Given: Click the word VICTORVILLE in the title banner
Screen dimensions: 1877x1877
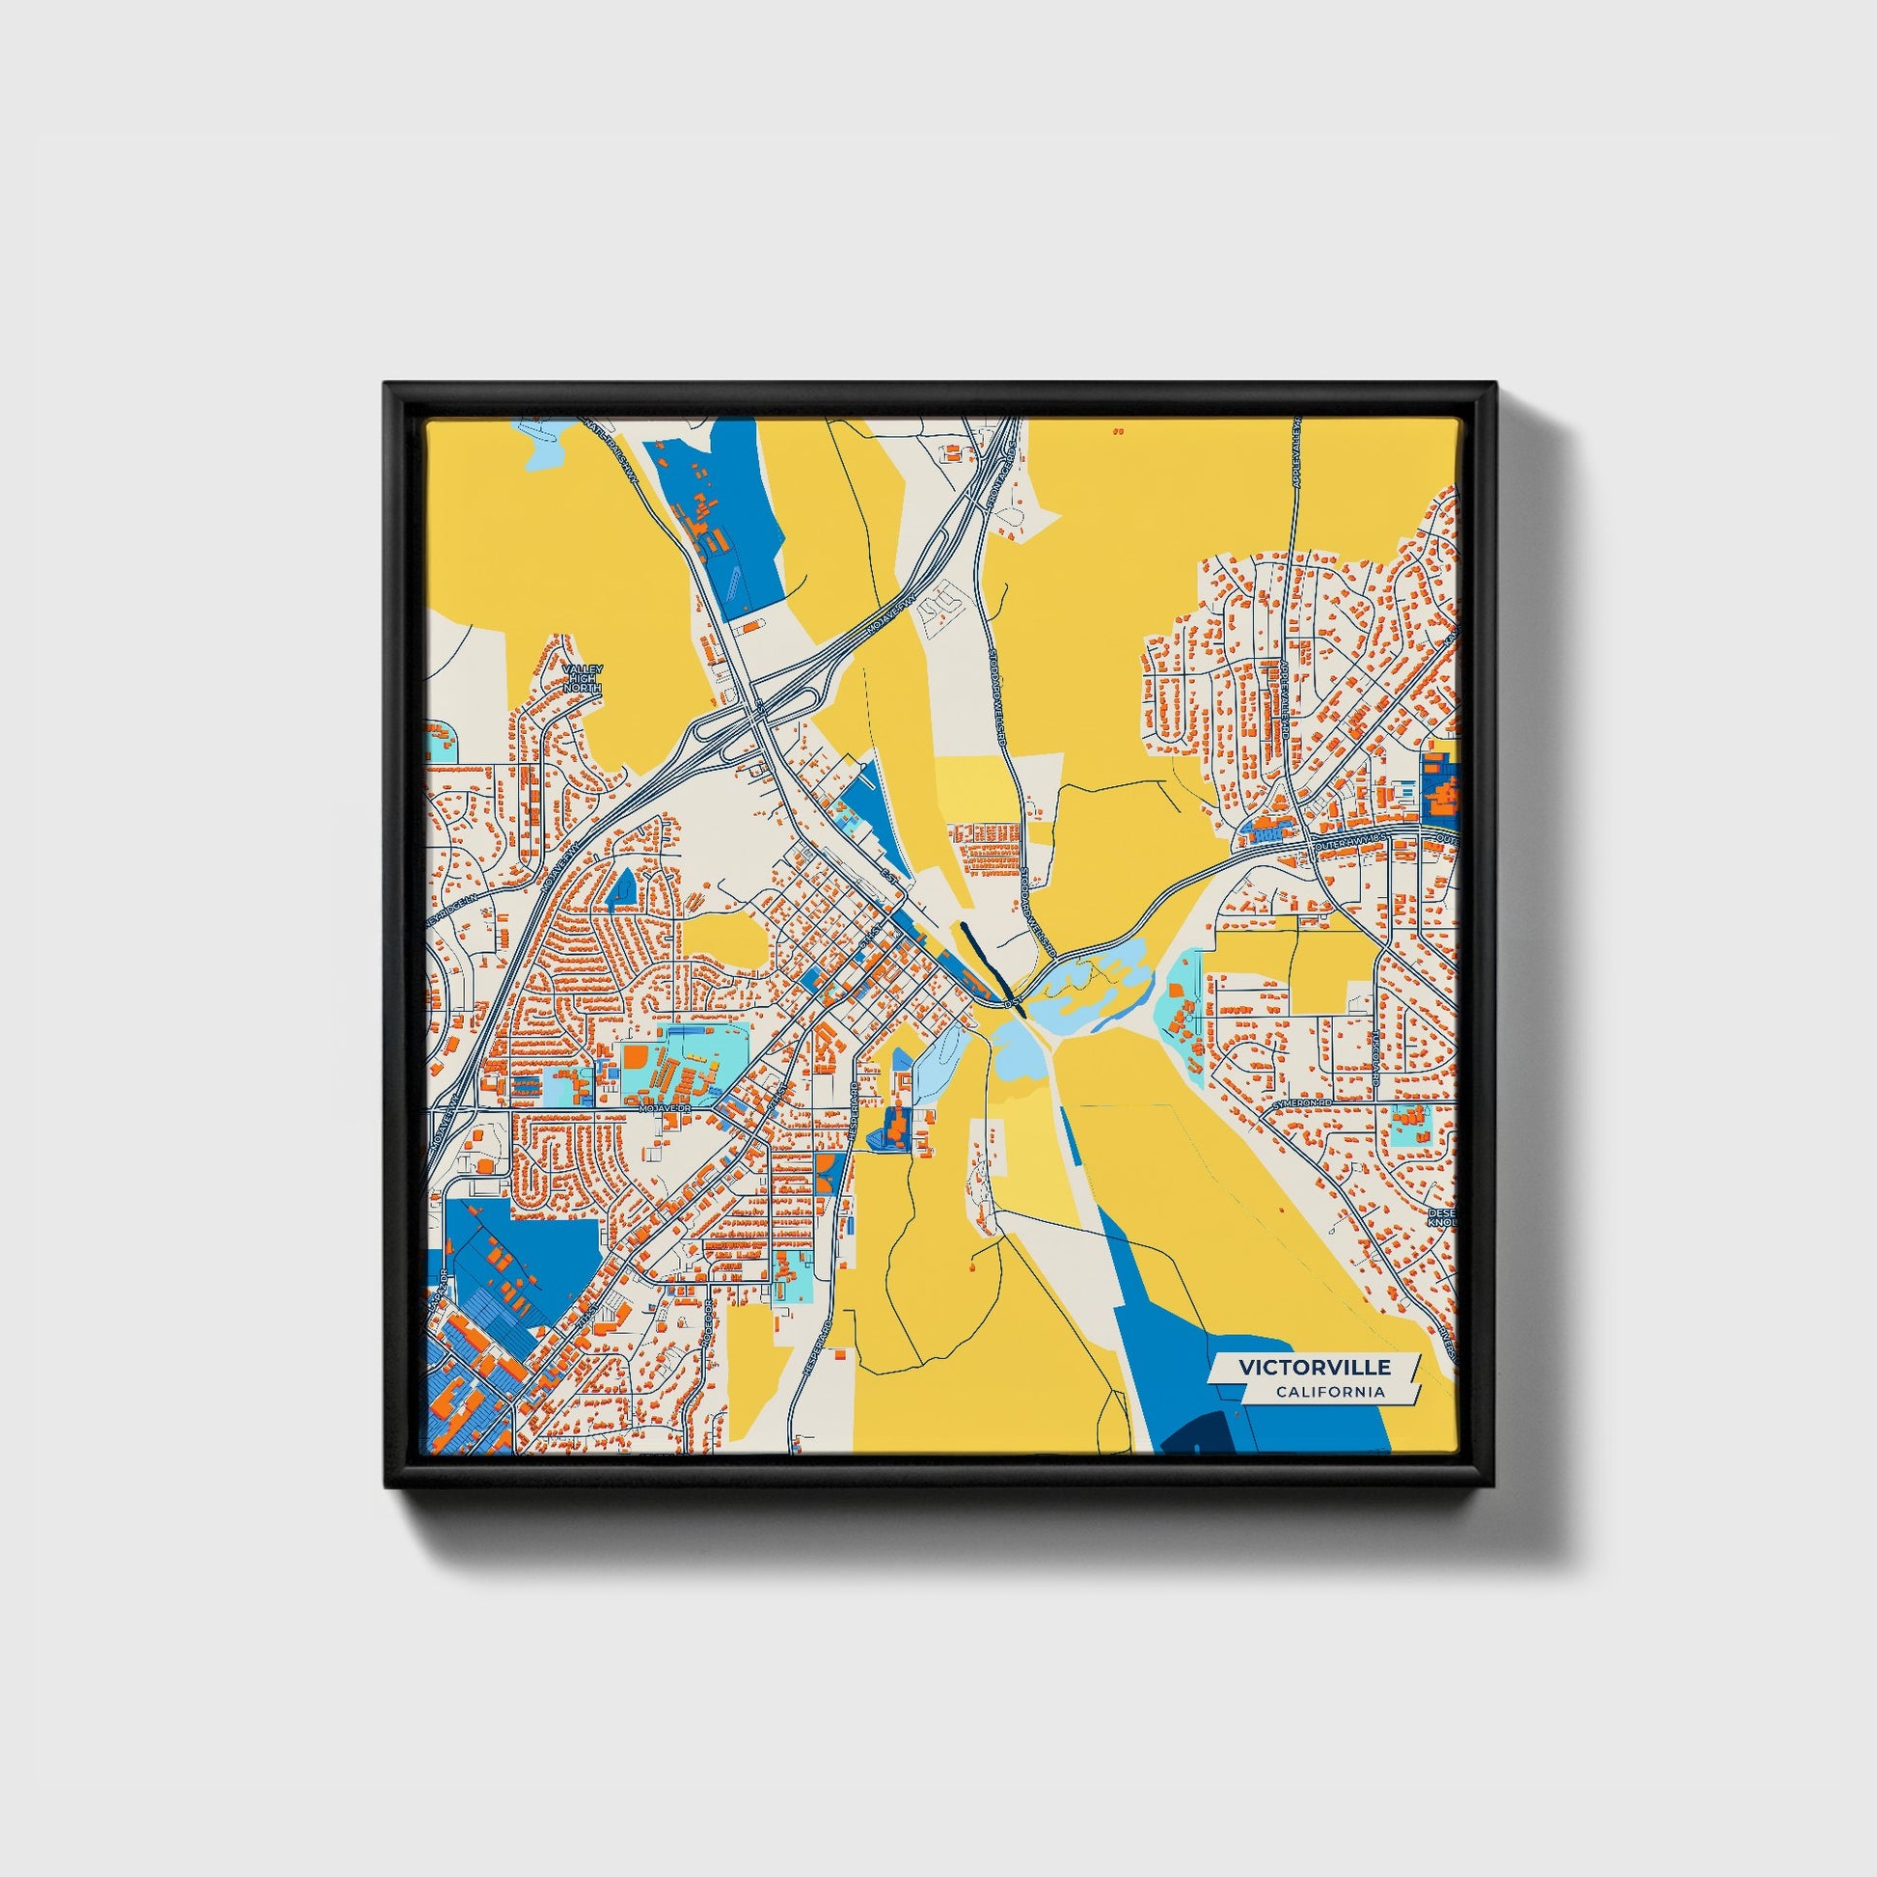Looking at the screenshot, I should tap(1314, 1367).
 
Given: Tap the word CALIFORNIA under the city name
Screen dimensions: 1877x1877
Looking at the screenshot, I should tap(1330, 1392).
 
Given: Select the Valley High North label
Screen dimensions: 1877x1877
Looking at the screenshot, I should tap(583, 679).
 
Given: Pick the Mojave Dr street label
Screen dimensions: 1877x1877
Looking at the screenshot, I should tap(665, 1107).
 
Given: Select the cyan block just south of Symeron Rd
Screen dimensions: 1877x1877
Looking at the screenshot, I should tap(1409, 1124).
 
